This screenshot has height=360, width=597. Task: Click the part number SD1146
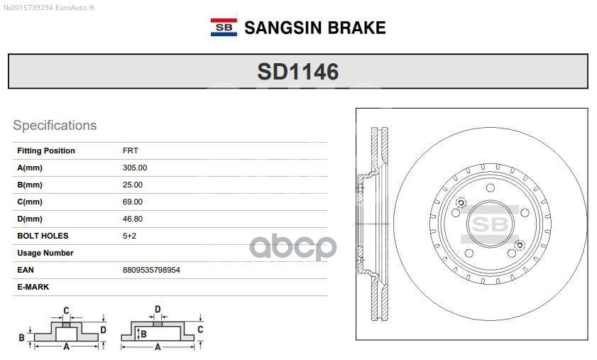click(297, 72)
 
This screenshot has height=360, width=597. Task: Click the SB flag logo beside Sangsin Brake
click(224, 28)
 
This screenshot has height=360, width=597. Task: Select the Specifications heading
click(55, 126)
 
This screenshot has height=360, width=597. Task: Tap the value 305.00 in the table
click(135, 168)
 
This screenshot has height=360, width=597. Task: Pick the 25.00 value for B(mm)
click(133, 185)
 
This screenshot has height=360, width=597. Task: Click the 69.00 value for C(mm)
click(133, 202)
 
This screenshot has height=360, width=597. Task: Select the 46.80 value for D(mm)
click(133, 219)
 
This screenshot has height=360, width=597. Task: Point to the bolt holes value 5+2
click(129, 236)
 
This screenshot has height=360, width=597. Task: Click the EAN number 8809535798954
click(151, 270)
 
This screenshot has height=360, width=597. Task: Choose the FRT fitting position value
click(131, 151)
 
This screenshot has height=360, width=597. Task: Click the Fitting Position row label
click(45, 151)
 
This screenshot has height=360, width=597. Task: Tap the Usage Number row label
click(45, 253)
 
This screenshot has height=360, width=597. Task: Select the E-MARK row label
click(33, 287)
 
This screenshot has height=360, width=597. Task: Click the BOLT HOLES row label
click(43, 236)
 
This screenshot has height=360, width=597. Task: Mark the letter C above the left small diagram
click(66, 310)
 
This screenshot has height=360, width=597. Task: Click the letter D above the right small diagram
click(158, 309)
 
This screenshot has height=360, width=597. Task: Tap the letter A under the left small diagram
click(66, 347)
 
